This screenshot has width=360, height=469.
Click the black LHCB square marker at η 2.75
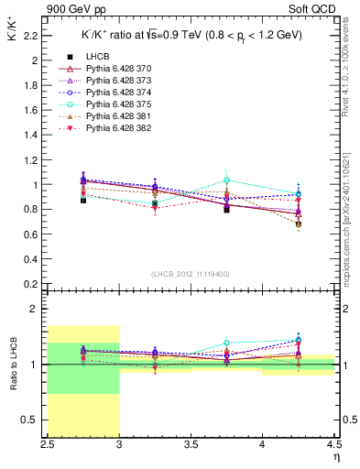point(83,200)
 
